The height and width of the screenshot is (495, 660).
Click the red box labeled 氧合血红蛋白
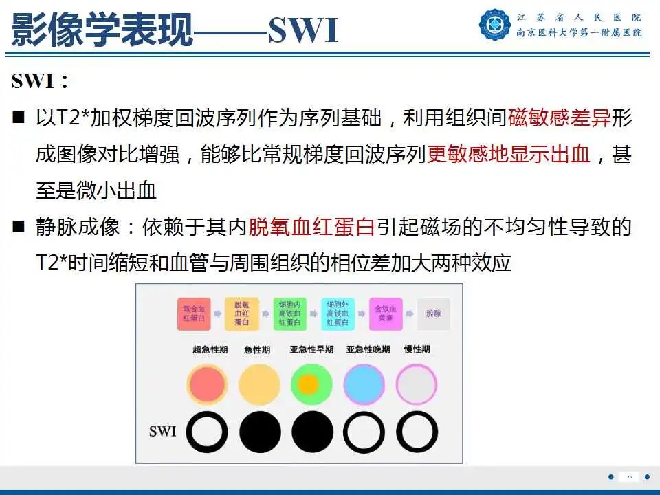point(193,313)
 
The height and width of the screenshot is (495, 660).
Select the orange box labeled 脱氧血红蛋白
point(242,313)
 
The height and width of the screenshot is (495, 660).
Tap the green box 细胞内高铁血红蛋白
point(289,313)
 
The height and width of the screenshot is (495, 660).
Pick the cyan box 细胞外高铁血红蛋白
point(337,313)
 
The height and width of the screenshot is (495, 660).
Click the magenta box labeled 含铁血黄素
point(385,313)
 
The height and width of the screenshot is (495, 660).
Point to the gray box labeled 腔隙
point(433,313)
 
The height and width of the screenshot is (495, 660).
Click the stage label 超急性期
point(210,350)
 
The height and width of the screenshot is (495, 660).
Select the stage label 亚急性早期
point(311,350)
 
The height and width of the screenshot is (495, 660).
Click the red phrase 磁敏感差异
point(560,119)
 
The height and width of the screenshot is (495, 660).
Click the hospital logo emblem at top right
point(495,24)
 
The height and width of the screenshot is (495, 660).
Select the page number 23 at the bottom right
point(629,476)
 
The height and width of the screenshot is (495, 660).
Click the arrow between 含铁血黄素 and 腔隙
point(410,313)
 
